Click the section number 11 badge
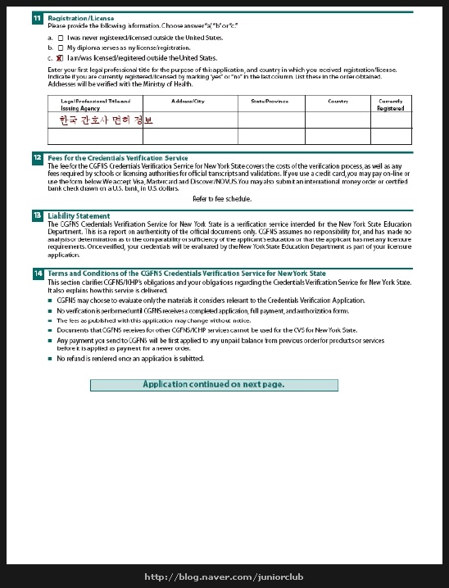[37, 17]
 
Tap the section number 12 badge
[37, 157]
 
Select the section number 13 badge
[37, 215]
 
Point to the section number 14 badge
[37, 274]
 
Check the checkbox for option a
[61, 38]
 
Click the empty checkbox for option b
[61, 48]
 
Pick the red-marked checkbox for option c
[61, 58]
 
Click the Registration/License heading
[81, 17]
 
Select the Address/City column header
[188, 101]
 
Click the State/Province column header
[263, 101]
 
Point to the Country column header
[338, 101]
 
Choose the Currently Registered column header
[391, 104]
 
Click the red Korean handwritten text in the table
[106, 120]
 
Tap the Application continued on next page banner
[213, 384]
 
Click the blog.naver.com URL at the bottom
[224, 577]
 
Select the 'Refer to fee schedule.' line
[222, 199]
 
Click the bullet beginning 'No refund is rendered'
[130, 359]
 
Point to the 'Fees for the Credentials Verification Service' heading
[118, 157]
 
